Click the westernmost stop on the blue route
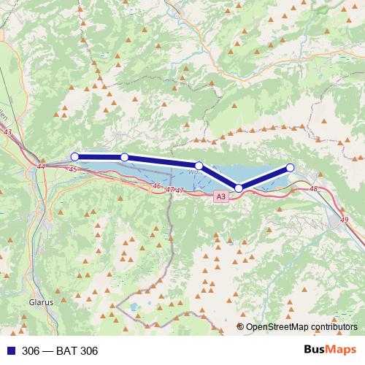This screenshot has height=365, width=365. click(x=74, y=156)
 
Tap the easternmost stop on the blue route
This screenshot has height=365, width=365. click(x=290, y=168)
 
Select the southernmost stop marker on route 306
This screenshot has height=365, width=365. click(x=239, y=188)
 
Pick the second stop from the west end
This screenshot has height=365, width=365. click(x=125, y=157)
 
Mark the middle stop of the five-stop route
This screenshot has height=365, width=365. click(x=199, y=166)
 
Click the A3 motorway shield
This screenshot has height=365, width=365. click(x=220, y=196)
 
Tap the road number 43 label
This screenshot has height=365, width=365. click(x=7, y=132)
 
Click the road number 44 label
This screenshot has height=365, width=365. click(x=40, y=167)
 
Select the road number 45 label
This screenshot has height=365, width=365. click(x=72, y=169)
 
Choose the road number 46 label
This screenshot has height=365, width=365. click(x=156, y=186)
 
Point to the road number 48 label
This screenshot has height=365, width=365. click(x=314, y=189)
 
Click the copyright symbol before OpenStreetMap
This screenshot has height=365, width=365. click(x=240, y=327)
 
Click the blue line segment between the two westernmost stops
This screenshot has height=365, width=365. click(x=99, y=156)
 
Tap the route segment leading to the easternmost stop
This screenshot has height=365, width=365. click(x=264, y=178)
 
